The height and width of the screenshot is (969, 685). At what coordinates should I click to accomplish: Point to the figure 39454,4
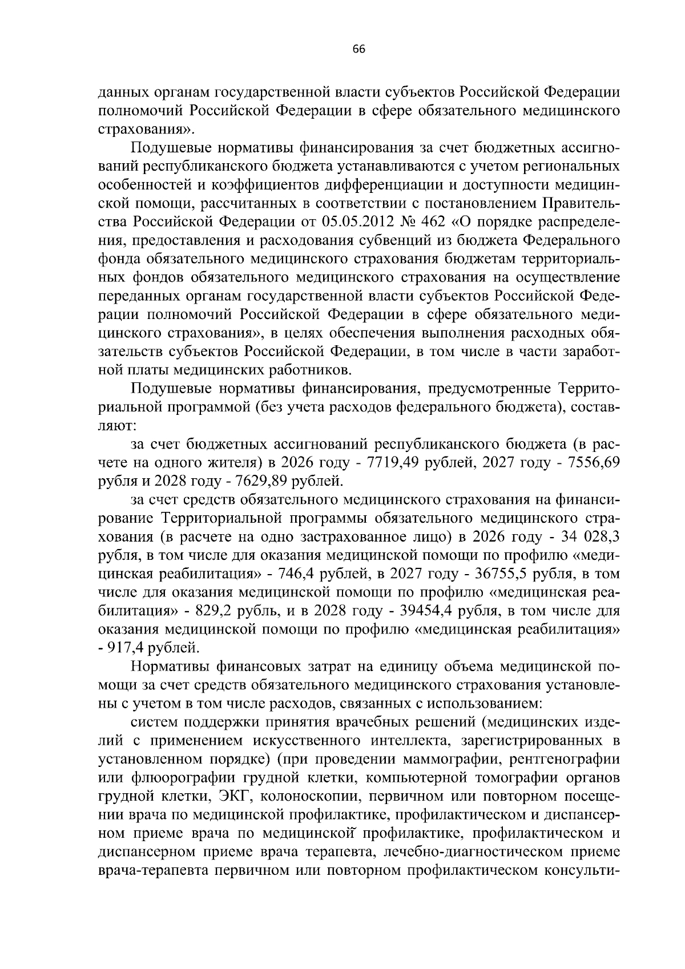click(x=424, y=611)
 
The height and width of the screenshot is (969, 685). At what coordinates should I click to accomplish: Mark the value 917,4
click(x=129, y=648)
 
